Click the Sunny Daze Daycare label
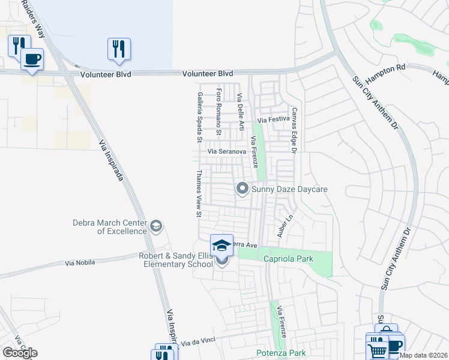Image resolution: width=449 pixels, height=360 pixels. click(x=289, y=190)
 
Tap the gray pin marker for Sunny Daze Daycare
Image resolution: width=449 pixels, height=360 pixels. click(x=243, y=189)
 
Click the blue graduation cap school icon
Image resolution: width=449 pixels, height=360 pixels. click(x=221, y=245)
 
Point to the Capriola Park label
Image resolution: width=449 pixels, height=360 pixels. click(x=286, y=258)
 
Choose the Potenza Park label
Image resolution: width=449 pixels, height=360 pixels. click(x=281, y=353)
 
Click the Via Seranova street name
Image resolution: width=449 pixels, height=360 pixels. click(x=227, y=152)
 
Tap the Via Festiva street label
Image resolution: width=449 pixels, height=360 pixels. click(x=274, y=119)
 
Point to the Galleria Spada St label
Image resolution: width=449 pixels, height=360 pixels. click(x=199, y=117)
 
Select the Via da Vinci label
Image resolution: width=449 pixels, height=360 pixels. click(x=197, y=342)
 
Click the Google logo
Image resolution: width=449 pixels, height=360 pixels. click(x=20, y=353)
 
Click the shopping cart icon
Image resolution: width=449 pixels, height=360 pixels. click(x=376, y=349)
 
